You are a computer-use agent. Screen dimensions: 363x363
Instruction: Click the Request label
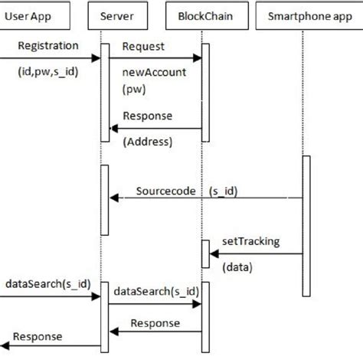coord(143,46)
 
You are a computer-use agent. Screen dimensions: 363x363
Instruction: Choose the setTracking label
coord(250,241)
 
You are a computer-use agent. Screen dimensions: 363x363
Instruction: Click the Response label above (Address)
coord(147,116)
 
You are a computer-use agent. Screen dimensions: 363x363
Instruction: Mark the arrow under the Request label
coord(154,59)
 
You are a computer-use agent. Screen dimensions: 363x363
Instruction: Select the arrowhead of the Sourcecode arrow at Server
coord(113,199)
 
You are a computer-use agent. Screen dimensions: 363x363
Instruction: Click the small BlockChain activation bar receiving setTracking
coord(204,253)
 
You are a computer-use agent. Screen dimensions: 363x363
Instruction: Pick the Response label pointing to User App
coord(38,337)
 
